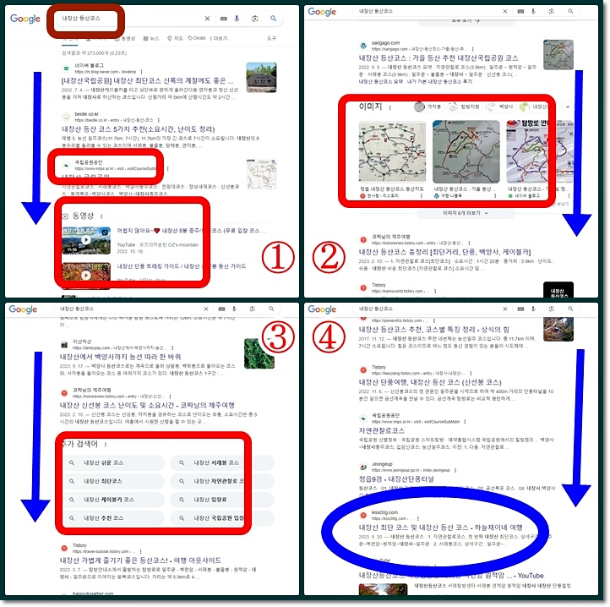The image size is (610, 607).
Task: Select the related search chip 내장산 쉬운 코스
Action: point(109,462)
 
